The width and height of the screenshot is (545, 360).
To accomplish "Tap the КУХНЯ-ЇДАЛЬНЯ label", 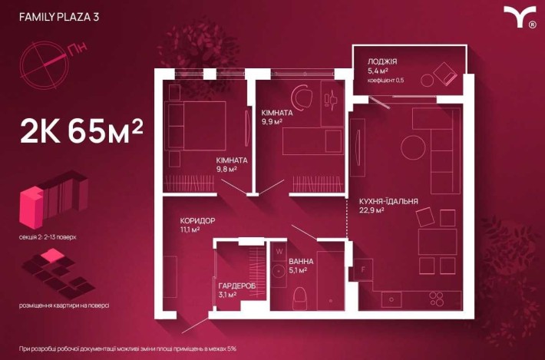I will pos(388,202).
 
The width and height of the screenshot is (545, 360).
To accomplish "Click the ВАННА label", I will pos(301,261).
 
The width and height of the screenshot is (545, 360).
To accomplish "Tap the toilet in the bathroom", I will pos(302,296).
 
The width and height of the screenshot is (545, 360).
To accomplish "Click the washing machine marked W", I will pos(279,250).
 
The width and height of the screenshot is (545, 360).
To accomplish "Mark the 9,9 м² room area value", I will pos(272,121).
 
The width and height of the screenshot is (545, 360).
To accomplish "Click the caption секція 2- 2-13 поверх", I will pos(48,238).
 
